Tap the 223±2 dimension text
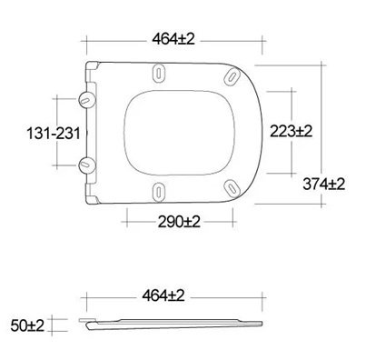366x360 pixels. tap(291, 131)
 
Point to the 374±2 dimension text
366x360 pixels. tap(323, 184)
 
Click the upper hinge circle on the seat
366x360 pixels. tap(87, 95)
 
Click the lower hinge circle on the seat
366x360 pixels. tap(87, 164)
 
